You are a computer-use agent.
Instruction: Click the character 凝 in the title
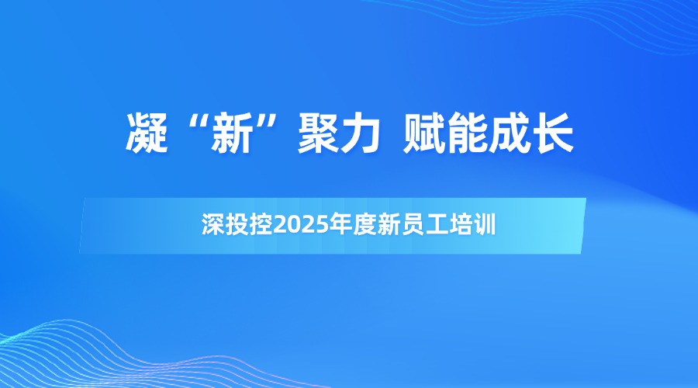[147, 133]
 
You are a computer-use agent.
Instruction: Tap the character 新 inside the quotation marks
[232, 133]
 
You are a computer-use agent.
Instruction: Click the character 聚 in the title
[319, 133]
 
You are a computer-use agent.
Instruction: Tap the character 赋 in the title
[423, 133]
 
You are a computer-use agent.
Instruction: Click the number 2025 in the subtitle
[302, 225]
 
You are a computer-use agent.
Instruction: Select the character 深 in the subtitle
[213, 224]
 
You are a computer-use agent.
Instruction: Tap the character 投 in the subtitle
[237, 224]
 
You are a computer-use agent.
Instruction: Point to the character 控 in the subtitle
[261, 224]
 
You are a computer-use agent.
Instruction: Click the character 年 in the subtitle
[340, 224]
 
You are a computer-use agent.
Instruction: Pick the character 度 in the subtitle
[365, 224]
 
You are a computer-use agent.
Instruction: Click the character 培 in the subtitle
[461, 224]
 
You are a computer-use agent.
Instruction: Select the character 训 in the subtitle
[485, 224]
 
